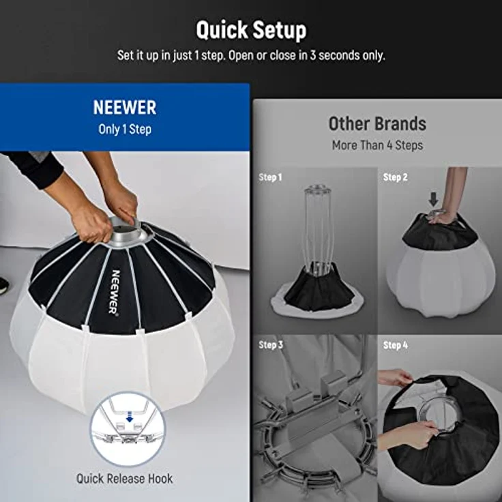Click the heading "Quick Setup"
click(x=251, y=31)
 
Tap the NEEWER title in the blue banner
click(x=125, y=108)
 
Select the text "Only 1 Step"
click(x=125, y=130)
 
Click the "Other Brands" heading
click(x=377, y=123)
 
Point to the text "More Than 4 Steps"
click(x=377, y=145)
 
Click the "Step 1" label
click(x=270, y=177)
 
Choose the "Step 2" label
click(x=395, y=177)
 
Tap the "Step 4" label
click(x=395, y=345)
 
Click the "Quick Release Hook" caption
click(x=124, y=479)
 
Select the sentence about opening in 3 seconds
click(x=251, y=55)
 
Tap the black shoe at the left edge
click(x=3, y=285)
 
